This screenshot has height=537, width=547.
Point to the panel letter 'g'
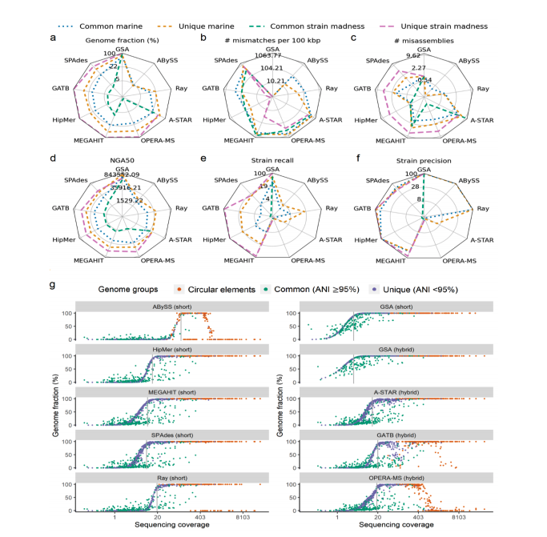[53, 285]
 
